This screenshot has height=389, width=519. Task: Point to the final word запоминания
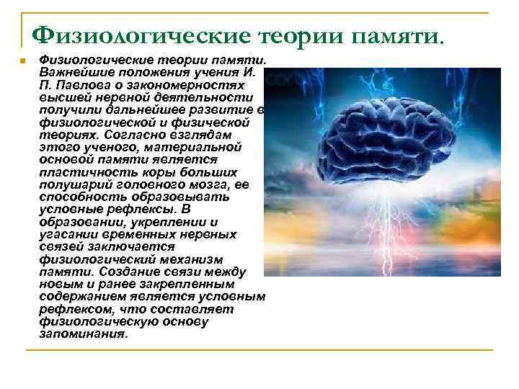[82, 334]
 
